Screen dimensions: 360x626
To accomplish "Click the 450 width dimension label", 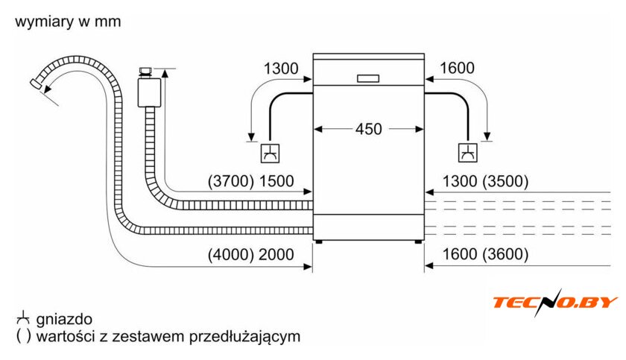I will coord(368,129).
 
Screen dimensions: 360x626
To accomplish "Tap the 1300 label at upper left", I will coord(280,69).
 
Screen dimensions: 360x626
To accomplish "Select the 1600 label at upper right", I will coord(457,69).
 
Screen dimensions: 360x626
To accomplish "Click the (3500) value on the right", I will coord(505,181).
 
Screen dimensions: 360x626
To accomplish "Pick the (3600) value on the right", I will coord(505,255).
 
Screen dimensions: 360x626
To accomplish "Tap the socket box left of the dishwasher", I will coord(269,154).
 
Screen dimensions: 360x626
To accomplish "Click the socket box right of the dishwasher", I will coord(468,154).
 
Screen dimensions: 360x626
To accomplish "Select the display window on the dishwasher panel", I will coord(368,78).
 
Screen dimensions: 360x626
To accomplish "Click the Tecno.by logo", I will coord(555,302).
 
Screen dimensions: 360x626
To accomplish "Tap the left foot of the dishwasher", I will coord(320,241).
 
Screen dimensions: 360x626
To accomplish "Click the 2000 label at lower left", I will coord(276,255).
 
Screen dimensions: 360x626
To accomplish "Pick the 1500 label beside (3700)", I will coord(276,181).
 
